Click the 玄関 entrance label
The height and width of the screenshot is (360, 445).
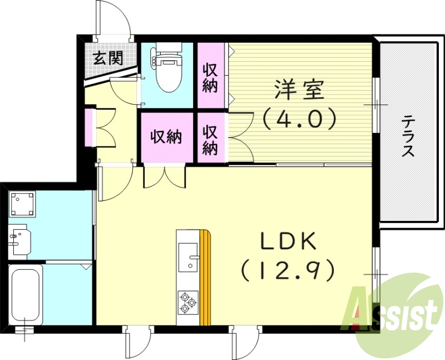108,58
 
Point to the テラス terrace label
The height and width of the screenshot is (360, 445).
409,136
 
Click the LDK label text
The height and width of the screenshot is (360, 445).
288,242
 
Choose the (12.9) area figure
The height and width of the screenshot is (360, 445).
288,270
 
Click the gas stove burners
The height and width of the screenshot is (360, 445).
186,302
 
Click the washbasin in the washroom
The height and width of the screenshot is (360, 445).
18,239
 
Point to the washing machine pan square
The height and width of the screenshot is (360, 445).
23,204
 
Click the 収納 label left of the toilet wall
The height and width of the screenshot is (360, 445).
210,78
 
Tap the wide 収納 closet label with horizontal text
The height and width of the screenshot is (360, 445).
167,137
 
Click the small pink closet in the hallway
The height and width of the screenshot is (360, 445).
89,127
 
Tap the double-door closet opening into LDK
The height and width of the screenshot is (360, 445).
165,177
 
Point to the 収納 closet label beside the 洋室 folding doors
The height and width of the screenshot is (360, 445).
210,139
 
